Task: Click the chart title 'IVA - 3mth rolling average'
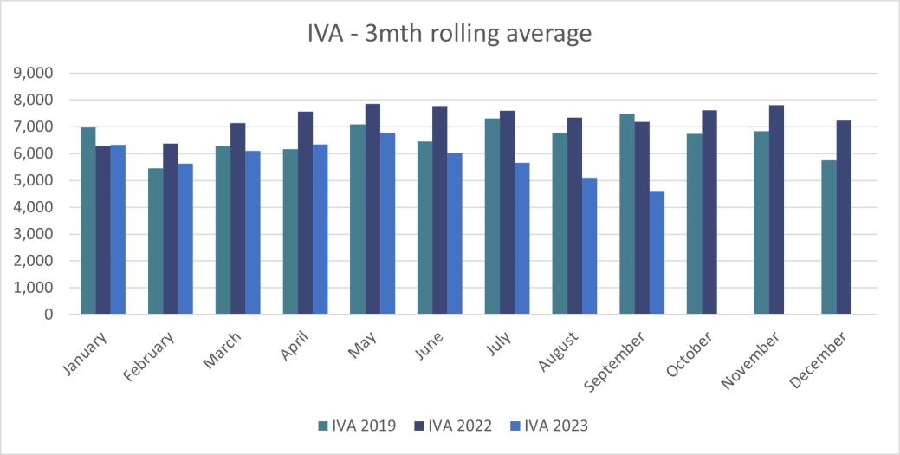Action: click(450, 34)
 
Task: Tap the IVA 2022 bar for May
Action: click(372, 209)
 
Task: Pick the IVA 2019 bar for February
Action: click(156, 242)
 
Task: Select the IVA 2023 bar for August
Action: click(589, 246)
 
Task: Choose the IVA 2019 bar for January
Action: click(88, 221)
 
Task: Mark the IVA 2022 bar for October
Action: click(709, 212)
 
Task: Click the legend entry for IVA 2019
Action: click(357, 426)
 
